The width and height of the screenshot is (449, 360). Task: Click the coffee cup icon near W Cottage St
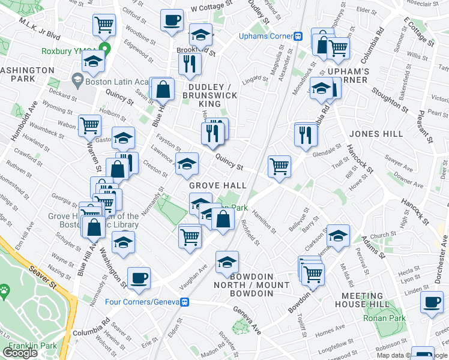point(171,20)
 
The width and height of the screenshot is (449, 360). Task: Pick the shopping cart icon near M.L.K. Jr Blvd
point(104,25)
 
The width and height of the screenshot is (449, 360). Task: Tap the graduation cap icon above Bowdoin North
point(227,262)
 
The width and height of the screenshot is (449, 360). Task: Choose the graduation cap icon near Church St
point(338,236)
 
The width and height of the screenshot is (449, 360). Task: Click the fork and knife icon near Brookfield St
point(189,64)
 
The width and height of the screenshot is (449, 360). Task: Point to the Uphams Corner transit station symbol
point(298,35)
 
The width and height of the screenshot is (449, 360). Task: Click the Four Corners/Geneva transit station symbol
point(187,302)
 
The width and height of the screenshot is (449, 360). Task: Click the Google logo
point(20,352)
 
